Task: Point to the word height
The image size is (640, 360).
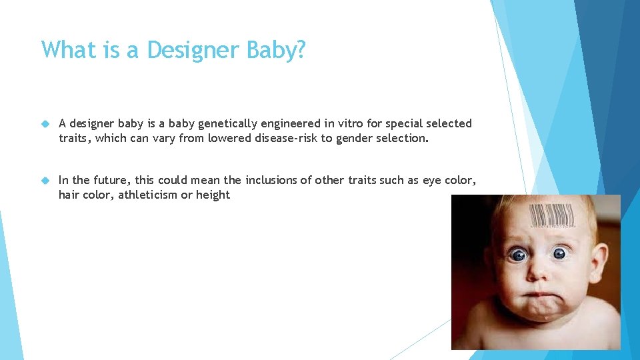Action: (x=213, y=195)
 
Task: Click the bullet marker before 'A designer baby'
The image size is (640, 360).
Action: (x=45, y=123)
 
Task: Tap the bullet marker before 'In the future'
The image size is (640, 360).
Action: (x=45, y=180)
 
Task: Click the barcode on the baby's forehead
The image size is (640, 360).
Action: (x=551, y=215)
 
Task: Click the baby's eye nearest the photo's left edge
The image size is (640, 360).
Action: (x=517, y=255)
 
